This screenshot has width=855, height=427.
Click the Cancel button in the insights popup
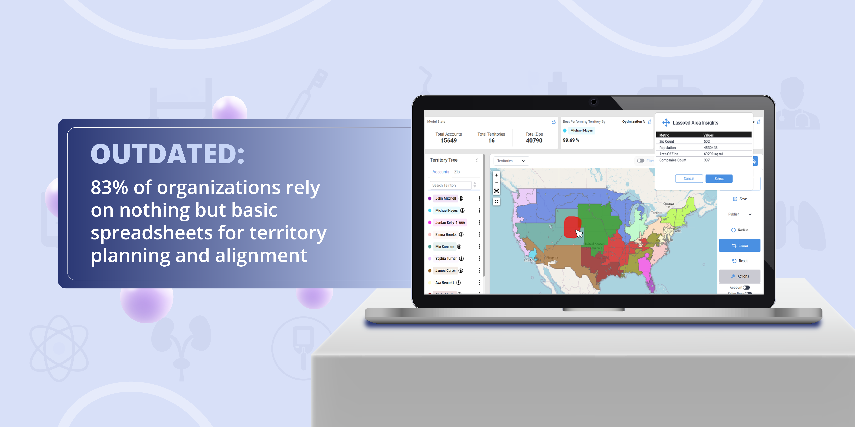[689, 179]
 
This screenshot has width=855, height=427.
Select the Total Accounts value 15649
[448, 141]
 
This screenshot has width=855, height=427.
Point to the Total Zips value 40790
[534, 141]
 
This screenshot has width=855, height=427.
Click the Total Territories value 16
[491, 141]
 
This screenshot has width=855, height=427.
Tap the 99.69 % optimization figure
[571, 140]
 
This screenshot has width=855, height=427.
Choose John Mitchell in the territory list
[445, 198]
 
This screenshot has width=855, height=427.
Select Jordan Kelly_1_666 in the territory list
[450, 223]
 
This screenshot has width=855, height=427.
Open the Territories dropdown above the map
[511, 161]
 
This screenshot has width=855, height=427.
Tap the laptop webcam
[593, 102]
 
